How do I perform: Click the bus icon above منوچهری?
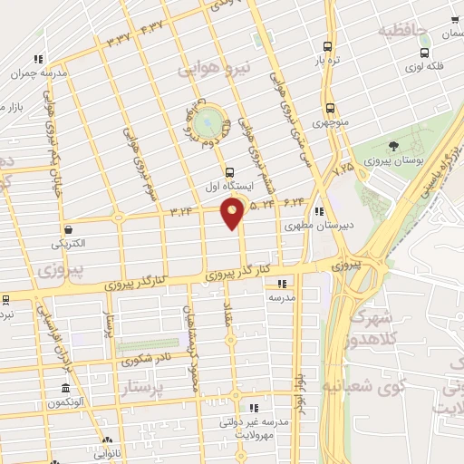[x=328, y=106]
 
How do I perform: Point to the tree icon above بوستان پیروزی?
[x=392, y=146]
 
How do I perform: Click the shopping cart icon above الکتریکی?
[x=69, y=230]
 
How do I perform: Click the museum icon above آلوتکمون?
[x=63, y=387]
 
